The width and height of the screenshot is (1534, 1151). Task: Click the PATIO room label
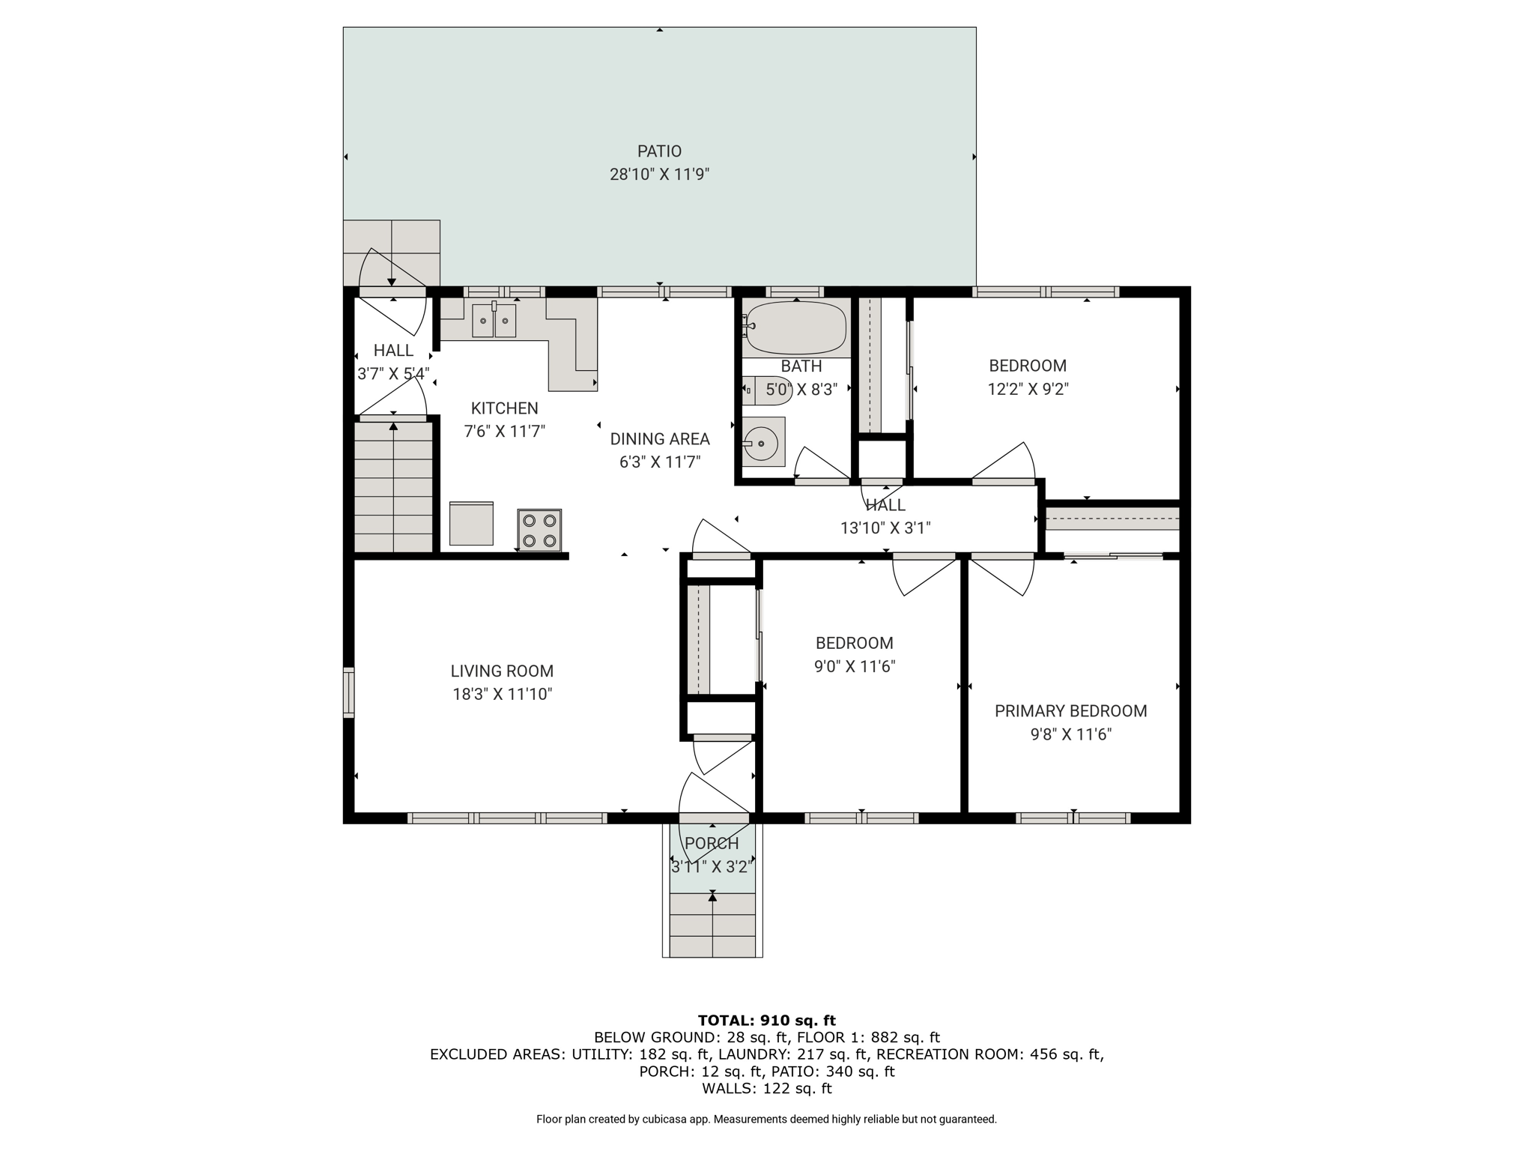point(659,151)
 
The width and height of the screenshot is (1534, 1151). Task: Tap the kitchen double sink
point(494,321)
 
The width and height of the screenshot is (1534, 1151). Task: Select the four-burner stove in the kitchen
point(539,531)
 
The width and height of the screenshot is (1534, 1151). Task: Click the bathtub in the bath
point(796,327)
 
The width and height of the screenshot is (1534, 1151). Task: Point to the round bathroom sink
point(763,444)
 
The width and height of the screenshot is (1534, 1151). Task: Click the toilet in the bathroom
point(759,390)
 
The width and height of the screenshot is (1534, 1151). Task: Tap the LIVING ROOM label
point(502,671)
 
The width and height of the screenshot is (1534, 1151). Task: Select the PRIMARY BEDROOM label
point(1070,711)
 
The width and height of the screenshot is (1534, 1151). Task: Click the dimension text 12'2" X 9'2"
point(1028,389)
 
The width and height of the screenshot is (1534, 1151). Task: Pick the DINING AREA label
point(660,439)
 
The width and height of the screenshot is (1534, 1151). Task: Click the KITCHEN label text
point(504,408)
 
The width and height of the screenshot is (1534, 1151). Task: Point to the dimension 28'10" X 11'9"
point(659,175)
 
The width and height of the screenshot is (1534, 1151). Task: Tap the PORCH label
point(712,844)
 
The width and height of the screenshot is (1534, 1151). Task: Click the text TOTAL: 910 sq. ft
point(766,1020)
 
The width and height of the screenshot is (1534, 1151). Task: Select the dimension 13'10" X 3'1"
point(885,528)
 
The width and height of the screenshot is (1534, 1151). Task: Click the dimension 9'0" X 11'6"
point(855,666)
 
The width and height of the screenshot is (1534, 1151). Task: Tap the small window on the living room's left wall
point(348,692)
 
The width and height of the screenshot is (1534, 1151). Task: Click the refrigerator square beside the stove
point(471,524)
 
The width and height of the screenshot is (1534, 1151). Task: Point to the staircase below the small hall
point(393,487)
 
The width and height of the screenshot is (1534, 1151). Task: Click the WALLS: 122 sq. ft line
point(766,1088)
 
